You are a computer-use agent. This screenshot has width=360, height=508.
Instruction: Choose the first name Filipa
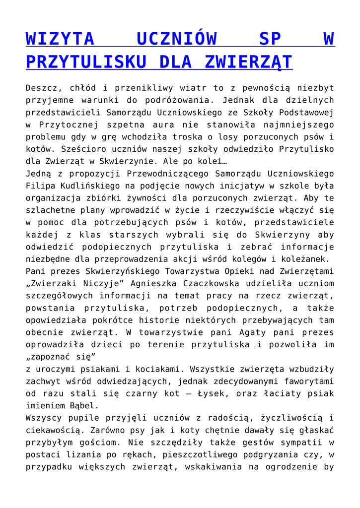(x=40, y=186)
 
